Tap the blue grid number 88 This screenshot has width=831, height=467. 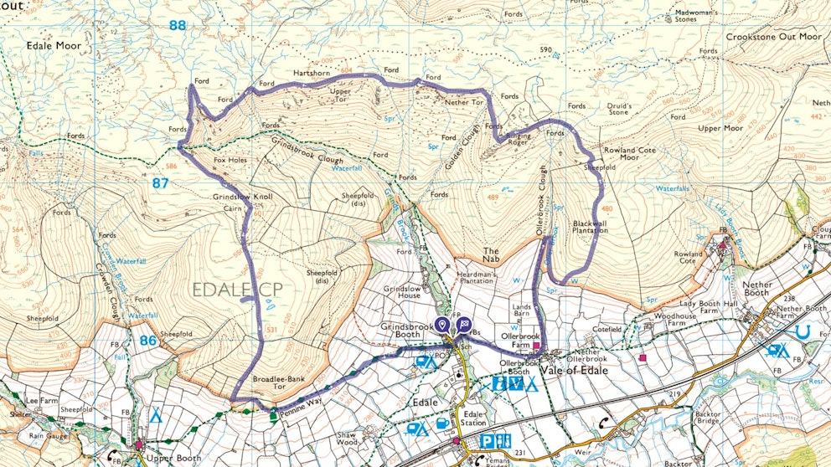(177, 25)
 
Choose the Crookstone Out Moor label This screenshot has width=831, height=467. (773, 37)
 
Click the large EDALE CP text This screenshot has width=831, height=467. (237, 290)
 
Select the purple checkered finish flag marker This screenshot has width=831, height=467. (463, 326)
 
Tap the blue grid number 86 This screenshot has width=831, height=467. (148, 341)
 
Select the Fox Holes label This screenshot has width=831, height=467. (230, 160)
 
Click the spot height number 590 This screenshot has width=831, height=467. (546, 50)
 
